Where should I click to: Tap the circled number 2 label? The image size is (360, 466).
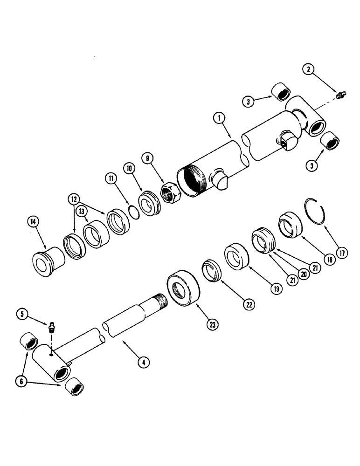coord(308,70)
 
